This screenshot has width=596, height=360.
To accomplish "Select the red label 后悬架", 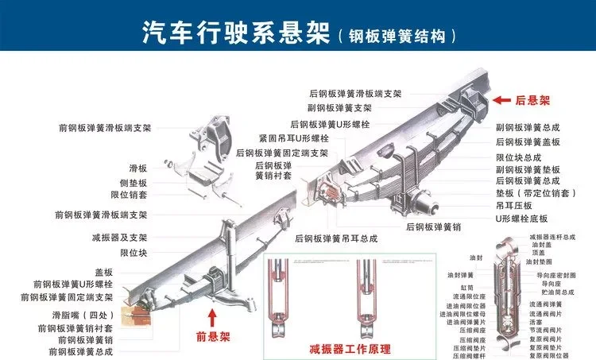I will (x=533, y=101).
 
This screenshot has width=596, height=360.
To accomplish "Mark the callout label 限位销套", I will (x=128, y=194).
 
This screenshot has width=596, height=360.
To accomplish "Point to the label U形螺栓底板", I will (x=521, y=218).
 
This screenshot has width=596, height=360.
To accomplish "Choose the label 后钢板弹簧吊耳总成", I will (x=335, y=238).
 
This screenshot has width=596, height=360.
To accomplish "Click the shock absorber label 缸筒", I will (x=466, y=287).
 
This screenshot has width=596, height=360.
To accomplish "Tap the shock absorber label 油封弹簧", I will (x=460, y=275).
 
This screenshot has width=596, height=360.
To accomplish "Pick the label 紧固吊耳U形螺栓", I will (x=293, y=138).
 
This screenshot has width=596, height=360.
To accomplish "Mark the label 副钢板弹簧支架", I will (x=339, y=107).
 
